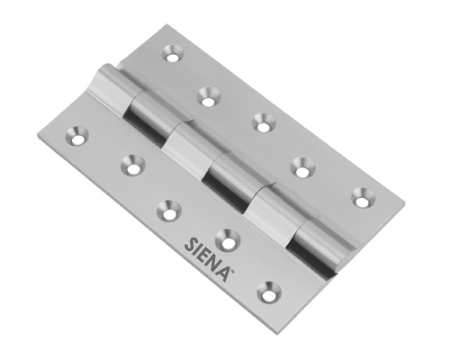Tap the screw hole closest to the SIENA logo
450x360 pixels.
coord(228,239)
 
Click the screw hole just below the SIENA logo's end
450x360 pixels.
coord(270,292)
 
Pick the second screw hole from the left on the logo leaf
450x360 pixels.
coord(132,165)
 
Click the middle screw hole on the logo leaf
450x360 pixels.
coord(169,210)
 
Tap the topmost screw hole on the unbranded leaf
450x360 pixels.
coord(173,53)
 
